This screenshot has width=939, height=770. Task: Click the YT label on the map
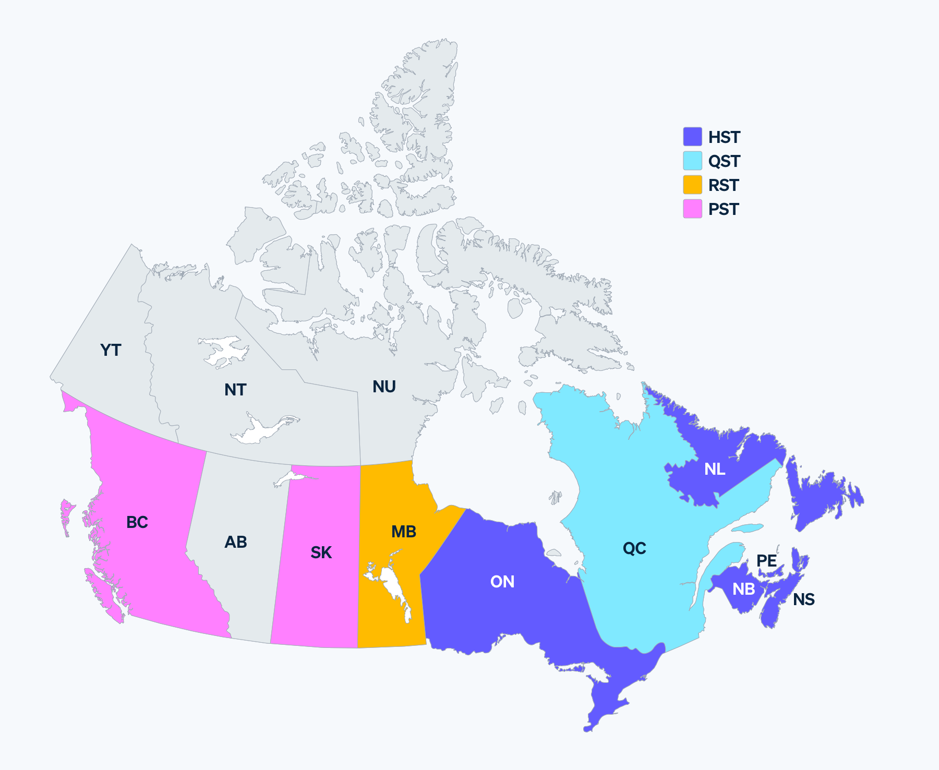111,350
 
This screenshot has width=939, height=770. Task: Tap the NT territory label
235,390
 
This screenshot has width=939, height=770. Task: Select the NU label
384,387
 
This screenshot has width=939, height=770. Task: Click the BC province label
137,522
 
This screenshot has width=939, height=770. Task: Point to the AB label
236,542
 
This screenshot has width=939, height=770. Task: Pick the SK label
321,552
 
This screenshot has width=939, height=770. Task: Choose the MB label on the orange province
404,532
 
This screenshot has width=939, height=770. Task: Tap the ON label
502,582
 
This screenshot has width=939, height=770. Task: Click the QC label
634,548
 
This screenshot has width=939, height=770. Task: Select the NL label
715,469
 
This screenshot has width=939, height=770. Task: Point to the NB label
743,589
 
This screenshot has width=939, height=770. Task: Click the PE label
767,561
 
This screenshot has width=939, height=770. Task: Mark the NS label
804,599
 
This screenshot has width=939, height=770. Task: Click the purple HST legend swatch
693,137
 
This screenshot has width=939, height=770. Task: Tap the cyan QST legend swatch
693,161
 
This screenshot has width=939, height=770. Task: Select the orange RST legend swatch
693,185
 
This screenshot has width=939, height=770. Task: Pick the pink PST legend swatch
693,209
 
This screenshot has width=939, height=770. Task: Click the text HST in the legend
724,137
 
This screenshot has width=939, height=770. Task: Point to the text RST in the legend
724,185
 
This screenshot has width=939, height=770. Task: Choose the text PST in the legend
724,209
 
